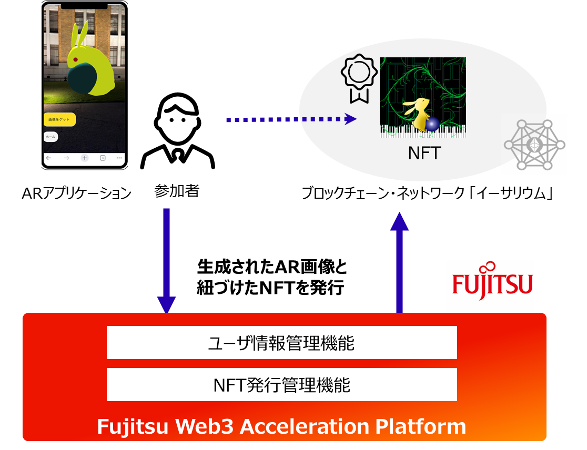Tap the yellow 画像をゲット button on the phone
(x=59, y=120)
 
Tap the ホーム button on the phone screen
(x=50, y=137)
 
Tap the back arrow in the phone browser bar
(x=49, y=158)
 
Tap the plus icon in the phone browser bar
(x=84, y=158)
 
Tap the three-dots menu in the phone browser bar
(x=119, y=158)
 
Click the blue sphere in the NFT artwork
(x=432, y=124)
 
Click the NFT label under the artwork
(x=424, y=153)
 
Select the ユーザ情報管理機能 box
(x=281, y=343)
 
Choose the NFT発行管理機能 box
(x=281, y=385)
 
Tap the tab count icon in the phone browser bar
(x=103, y=158)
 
